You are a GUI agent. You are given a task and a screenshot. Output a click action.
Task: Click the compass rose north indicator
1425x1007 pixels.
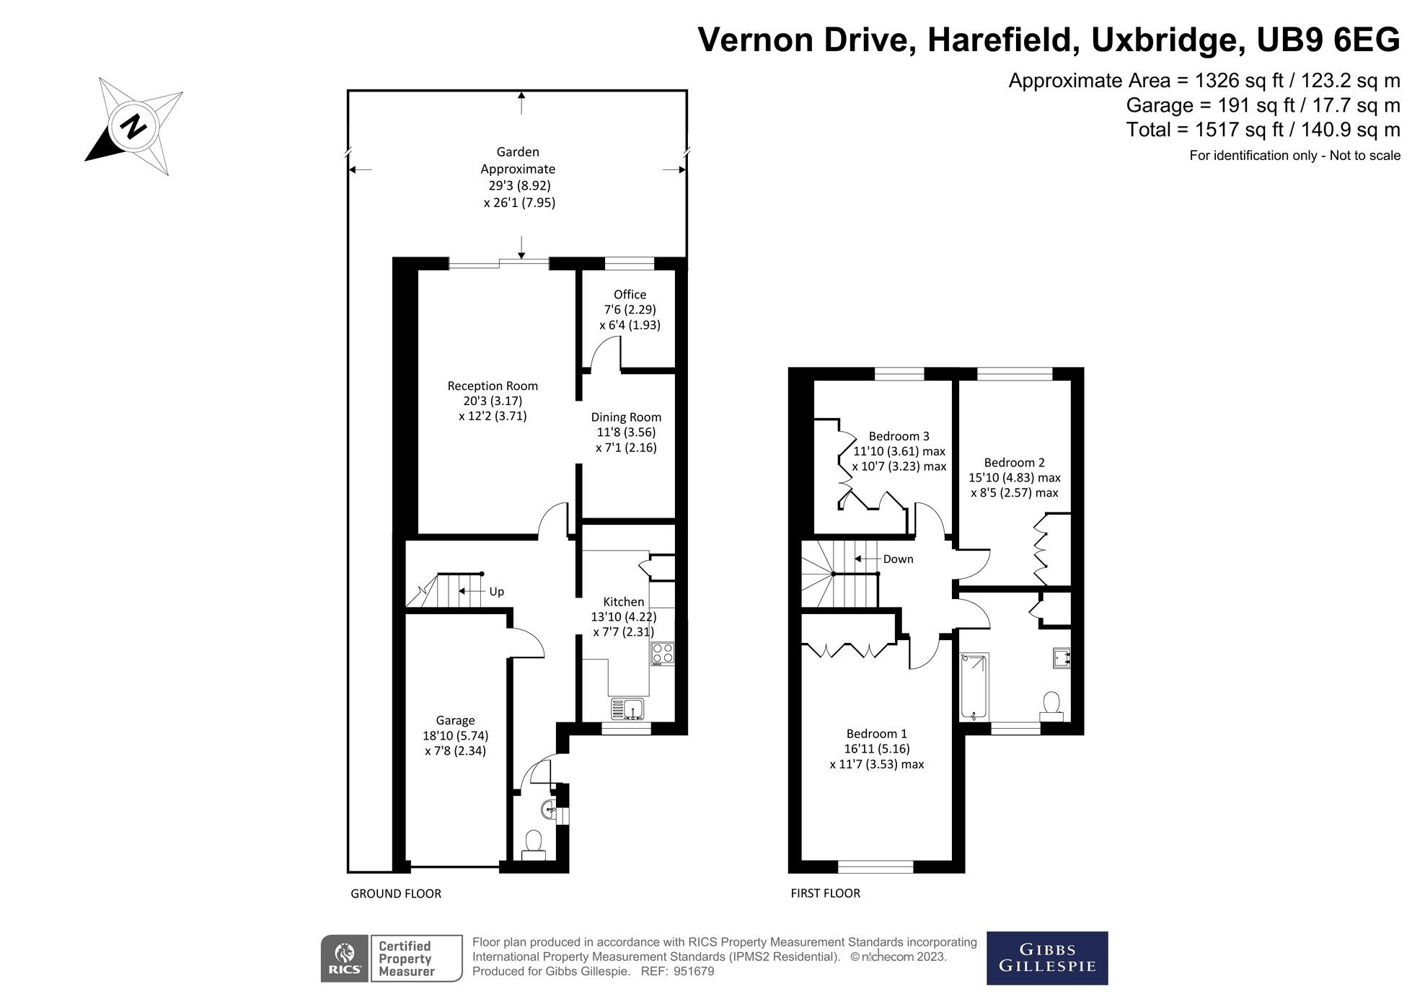(x=133, y=127)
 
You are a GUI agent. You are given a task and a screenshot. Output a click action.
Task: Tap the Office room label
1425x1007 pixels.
(x=630, y=294)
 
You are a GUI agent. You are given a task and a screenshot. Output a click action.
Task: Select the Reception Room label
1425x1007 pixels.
(x=493, y=386)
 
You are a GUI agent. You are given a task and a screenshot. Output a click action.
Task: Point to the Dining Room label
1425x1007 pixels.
(x=626, y=417)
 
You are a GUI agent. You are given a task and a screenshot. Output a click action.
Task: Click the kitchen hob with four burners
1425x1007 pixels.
(x=663, y=654)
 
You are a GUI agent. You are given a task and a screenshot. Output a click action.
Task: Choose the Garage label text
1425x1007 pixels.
(x=455, y=720)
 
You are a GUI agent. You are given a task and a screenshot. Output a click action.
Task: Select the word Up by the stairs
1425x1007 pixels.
(x=497, y=591)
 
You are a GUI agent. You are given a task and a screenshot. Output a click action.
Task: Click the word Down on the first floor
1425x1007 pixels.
(x=898, y=559)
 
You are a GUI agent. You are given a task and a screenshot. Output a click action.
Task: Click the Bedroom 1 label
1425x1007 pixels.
(x=877, y=733)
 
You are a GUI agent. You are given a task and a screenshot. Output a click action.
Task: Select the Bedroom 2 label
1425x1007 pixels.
(x=1014, y=462)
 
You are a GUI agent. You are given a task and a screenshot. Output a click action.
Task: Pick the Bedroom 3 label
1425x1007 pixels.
(x=899, y=436)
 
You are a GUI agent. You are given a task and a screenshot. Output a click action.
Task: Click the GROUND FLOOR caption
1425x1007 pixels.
(x=396, y=893)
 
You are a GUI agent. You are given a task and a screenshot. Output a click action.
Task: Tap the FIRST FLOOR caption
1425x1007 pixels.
(x=826, y=893)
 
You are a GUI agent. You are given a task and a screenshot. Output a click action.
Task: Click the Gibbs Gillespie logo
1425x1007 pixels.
(x=1047, y=958)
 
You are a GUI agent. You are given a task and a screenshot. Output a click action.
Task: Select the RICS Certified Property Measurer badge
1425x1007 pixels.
(x=392, y=958)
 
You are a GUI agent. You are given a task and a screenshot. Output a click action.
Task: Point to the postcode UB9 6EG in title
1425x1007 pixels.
(x=1328, y=40)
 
